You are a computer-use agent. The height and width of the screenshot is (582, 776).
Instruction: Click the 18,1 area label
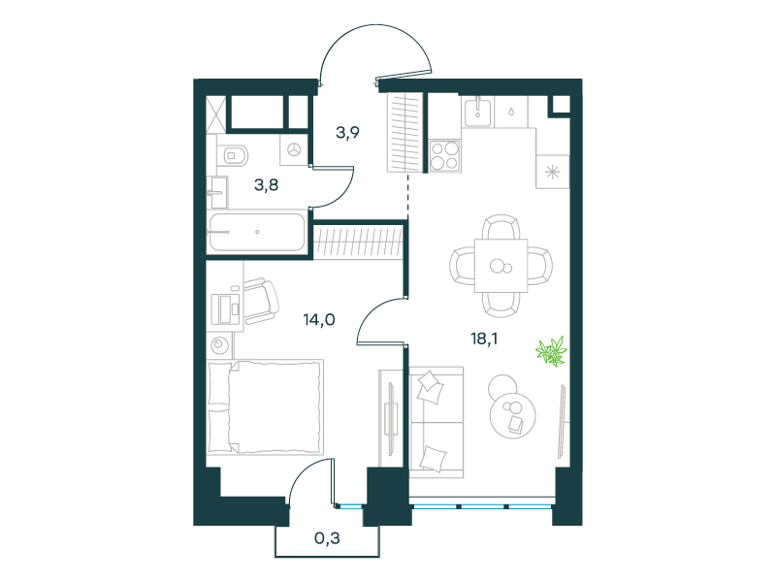pos(484,339)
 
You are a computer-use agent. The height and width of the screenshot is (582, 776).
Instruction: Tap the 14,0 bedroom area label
pos(319,320)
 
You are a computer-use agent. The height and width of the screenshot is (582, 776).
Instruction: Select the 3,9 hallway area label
pos(347,133)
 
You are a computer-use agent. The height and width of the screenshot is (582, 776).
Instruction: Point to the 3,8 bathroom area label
pos(266,185)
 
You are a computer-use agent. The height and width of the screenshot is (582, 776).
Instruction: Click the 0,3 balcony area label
pos(327,538)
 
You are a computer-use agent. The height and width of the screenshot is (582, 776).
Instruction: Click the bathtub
pos(257,232)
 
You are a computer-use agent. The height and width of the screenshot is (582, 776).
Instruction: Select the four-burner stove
pos(444,155)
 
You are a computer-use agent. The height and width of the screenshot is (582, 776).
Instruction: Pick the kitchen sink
pos(477,112)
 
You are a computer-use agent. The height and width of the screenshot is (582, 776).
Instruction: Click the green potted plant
pos(551,351)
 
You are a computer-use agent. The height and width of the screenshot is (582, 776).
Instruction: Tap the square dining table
pos(501,266)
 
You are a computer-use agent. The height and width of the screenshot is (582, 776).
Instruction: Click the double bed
pos(265,407)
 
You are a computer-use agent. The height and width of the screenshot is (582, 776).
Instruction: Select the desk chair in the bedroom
pos(261,301)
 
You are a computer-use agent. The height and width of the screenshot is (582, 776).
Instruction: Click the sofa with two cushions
pos(436,422)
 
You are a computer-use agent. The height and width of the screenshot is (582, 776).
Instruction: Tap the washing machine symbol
pos(294,150)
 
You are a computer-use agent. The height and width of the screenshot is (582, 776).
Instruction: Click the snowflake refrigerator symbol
pos(552,172)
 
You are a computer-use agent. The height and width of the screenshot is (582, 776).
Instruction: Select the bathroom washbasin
pos(217,192)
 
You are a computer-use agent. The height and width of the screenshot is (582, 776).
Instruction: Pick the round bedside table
pos(220,344)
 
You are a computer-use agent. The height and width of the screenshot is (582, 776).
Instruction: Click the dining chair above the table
pos(501,227)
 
